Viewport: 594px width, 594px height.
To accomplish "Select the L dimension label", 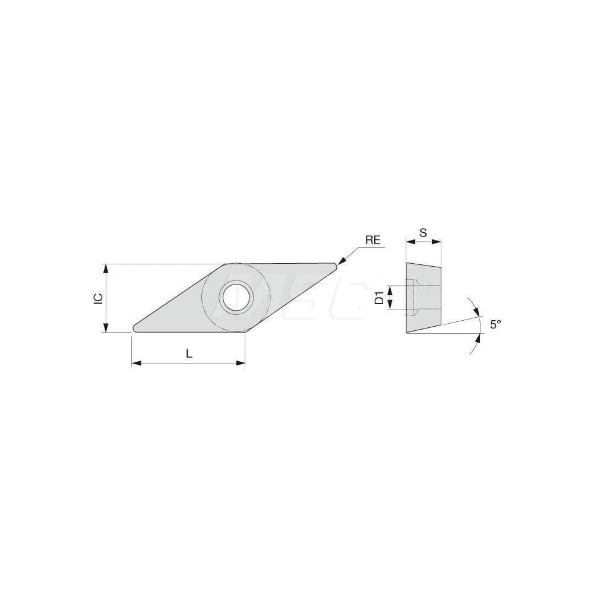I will (189, 353).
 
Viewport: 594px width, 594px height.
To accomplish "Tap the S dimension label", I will (423, 233).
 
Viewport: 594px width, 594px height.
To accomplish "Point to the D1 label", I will (379, 298).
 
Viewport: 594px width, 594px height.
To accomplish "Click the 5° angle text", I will (495, 324).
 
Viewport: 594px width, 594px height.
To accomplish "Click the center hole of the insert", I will (236, 297).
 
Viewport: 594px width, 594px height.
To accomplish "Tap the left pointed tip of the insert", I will (135, 328).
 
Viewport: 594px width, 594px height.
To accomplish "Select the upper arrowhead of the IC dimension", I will (106, 267).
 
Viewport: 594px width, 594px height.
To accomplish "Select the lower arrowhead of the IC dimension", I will (106, 328).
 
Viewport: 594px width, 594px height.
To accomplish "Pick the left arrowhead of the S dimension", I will (409, 242).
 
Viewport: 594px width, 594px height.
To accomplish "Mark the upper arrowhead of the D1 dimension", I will (389, 289).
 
